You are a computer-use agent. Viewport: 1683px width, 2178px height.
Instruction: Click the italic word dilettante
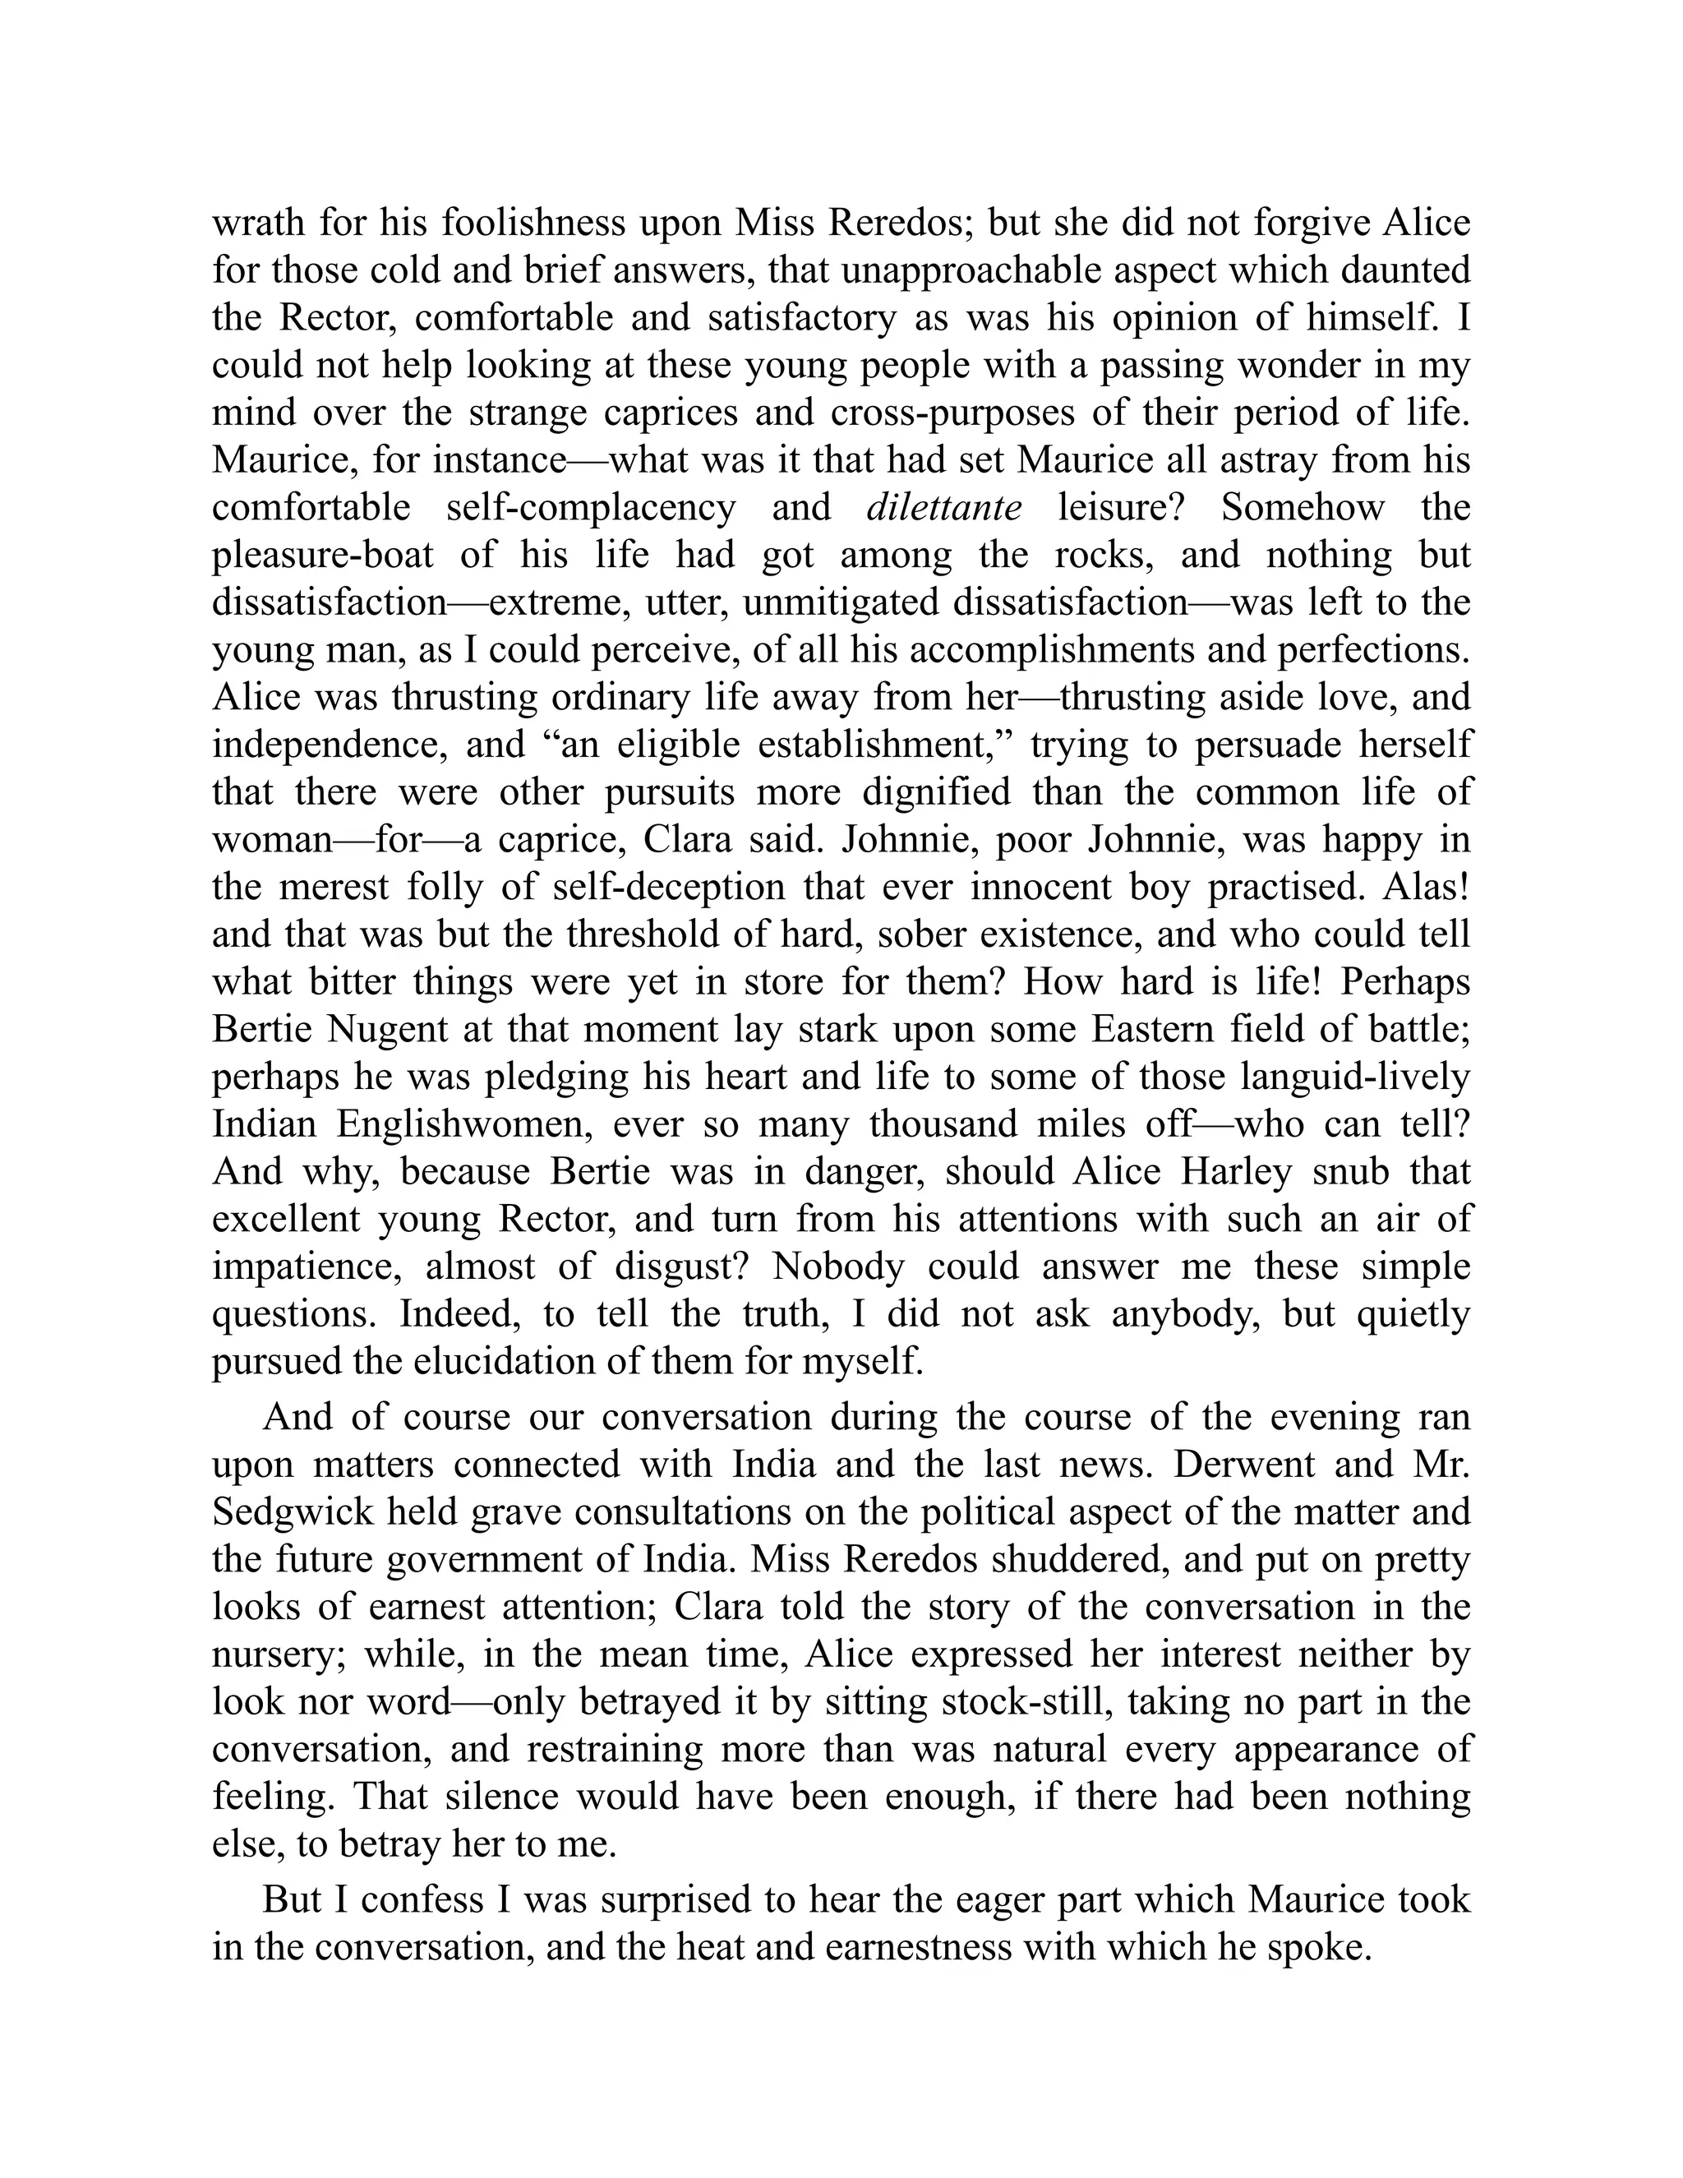click(943, 509)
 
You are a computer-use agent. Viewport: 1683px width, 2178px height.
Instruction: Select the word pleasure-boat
click(323, 556)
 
